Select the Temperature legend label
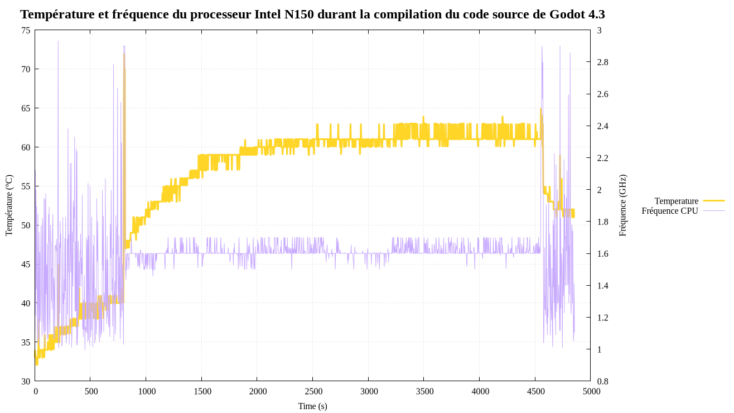click(x=676, y=201)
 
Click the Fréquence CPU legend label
click(x=669, y=211)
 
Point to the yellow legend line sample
click(x=713, y=200)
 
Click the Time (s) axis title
click(x=312, y=406)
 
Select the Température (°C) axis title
click(x=9, y=205)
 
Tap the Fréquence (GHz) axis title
click(x=623, y=205)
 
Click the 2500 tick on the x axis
click(x=313, y=391)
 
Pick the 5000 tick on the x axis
click(x=591, y=391)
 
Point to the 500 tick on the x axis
click(x=91, y=391)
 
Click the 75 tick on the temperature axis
click(x=26, y=30)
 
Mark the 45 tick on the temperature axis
click(x=26, y=264)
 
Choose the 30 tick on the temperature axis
click(x=26, y=381)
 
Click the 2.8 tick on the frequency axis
click(x=602, y=62)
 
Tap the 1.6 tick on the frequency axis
click(x=602, y=254)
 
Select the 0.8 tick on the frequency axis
click(x=602, y=381)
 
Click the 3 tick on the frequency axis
click(x=599, y=30)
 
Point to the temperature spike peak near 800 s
click(x=124, y=54)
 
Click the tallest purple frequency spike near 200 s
click(x=58, y=41)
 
